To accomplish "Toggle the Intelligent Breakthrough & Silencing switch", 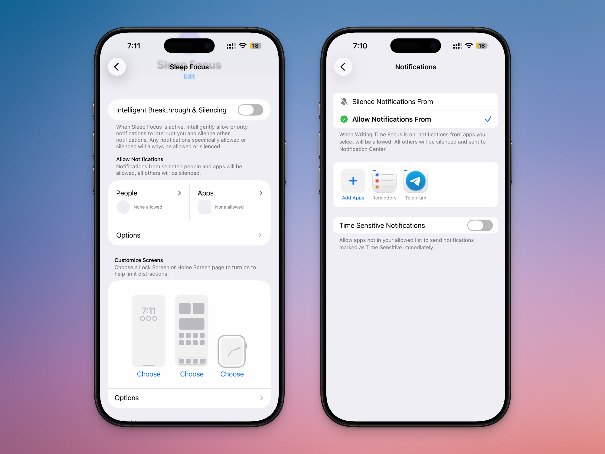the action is [x=250, y=110].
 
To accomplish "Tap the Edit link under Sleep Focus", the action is [x=189, y=76].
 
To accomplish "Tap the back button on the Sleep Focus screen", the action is [x=117, y=67].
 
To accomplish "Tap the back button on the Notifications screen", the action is [x=343, y=67].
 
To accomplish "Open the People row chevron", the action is [x=179, y=193].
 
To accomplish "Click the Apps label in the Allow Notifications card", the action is [x=206, y=193].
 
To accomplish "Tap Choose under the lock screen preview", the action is [x=149, y=374].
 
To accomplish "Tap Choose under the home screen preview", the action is [x=192, y=374].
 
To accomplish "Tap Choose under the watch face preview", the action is [x=232, y=374].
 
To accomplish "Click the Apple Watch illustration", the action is [x=232, y=351].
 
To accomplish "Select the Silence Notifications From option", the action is [x=392, y=102].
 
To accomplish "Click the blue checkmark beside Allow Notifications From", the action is [x=488, y=119].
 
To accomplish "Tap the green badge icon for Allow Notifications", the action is [x=344, y=119].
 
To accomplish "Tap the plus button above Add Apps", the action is [x=353, y=181].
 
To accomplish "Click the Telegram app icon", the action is [x=416, y=181].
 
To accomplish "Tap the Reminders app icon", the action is [x=384, y=181].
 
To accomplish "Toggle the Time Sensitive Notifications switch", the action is [x=480, y=225].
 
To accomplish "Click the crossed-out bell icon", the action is [x=344, y=102].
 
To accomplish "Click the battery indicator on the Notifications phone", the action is [x=482, y=46].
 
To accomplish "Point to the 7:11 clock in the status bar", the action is [x=134, y=46].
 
